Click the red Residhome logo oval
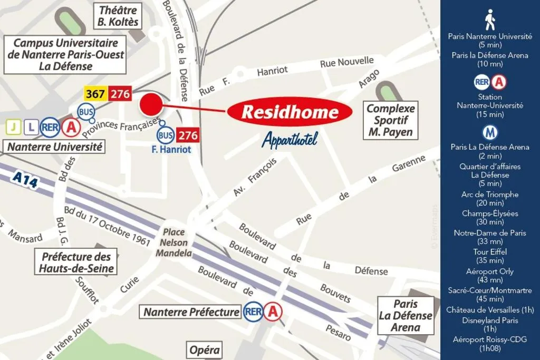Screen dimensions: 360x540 [290, 112]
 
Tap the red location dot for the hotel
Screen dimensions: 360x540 [150, 104]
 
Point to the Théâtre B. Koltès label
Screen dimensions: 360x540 [118, 15]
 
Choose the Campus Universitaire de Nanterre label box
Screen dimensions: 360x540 [65, 55]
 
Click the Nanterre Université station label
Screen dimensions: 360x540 [55, 147]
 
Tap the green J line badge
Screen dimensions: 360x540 [13, 127]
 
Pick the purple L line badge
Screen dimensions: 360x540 [31, 127]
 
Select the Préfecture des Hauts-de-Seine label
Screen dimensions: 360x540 [76, 262]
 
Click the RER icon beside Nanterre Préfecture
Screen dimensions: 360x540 [253, 312]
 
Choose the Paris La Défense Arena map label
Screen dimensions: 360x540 [405, 315]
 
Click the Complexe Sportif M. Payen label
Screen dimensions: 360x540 [390, 120]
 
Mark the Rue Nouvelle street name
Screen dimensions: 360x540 [346, 63]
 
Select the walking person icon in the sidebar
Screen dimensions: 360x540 [490, 20]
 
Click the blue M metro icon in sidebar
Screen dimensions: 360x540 [490, 132]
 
